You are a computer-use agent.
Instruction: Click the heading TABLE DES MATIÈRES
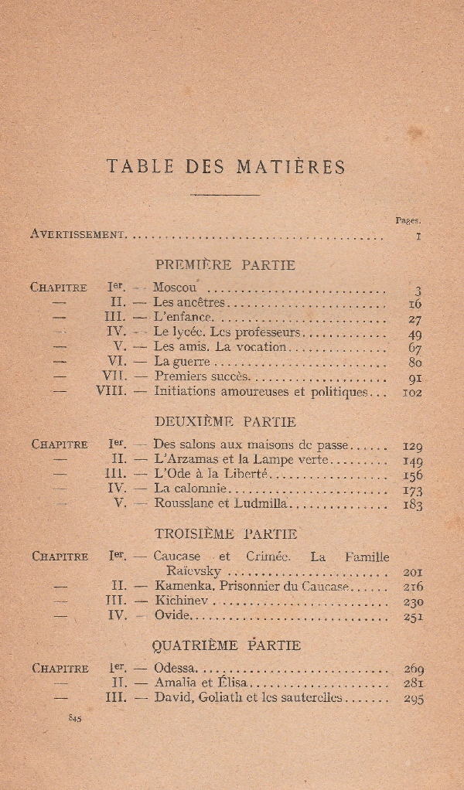tap(226, 166)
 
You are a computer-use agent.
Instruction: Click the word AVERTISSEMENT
tap(77, 233)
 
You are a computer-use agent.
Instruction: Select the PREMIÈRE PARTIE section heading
tap(225, 265)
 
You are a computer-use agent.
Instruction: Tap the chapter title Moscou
tap(175, 288)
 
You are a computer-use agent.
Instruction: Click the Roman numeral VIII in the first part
tap(111, 391)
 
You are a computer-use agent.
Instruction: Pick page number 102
tap(412, 392)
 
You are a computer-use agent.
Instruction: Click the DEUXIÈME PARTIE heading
tap(225, 422)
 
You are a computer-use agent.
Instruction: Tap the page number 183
tap(413, 505)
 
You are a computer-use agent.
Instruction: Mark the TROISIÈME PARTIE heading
tap(226, 534)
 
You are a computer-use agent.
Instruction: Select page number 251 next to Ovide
tap(413, 617)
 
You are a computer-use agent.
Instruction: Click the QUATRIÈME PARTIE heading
tap(227, 645)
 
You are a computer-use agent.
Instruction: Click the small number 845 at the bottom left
tap(75, 718)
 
